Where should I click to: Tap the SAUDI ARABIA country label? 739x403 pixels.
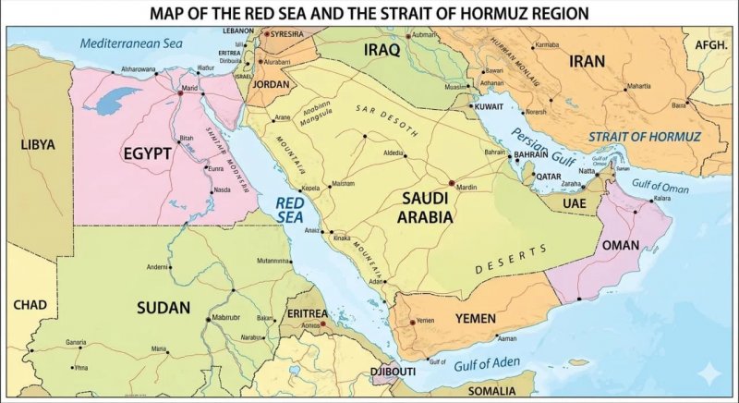tap(426, 208)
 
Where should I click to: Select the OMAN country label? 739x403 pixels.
tap(620, 246)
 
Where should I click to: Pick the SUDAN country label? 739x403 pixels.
tap(164, 307)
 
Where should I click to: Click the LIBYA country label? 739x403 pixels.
tap(38, 145)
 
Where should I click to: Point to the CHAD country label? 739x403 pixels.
tap(30, 304)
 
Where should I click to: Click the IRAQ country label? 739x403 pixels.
tap(382, 49)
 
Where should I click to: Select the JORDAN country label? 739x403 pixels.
tap(271, 84)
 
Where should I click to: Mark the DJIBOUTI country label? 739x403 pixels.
tap(393, 372)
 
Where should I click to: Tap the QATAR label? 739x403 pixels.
tap(549, 176)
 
